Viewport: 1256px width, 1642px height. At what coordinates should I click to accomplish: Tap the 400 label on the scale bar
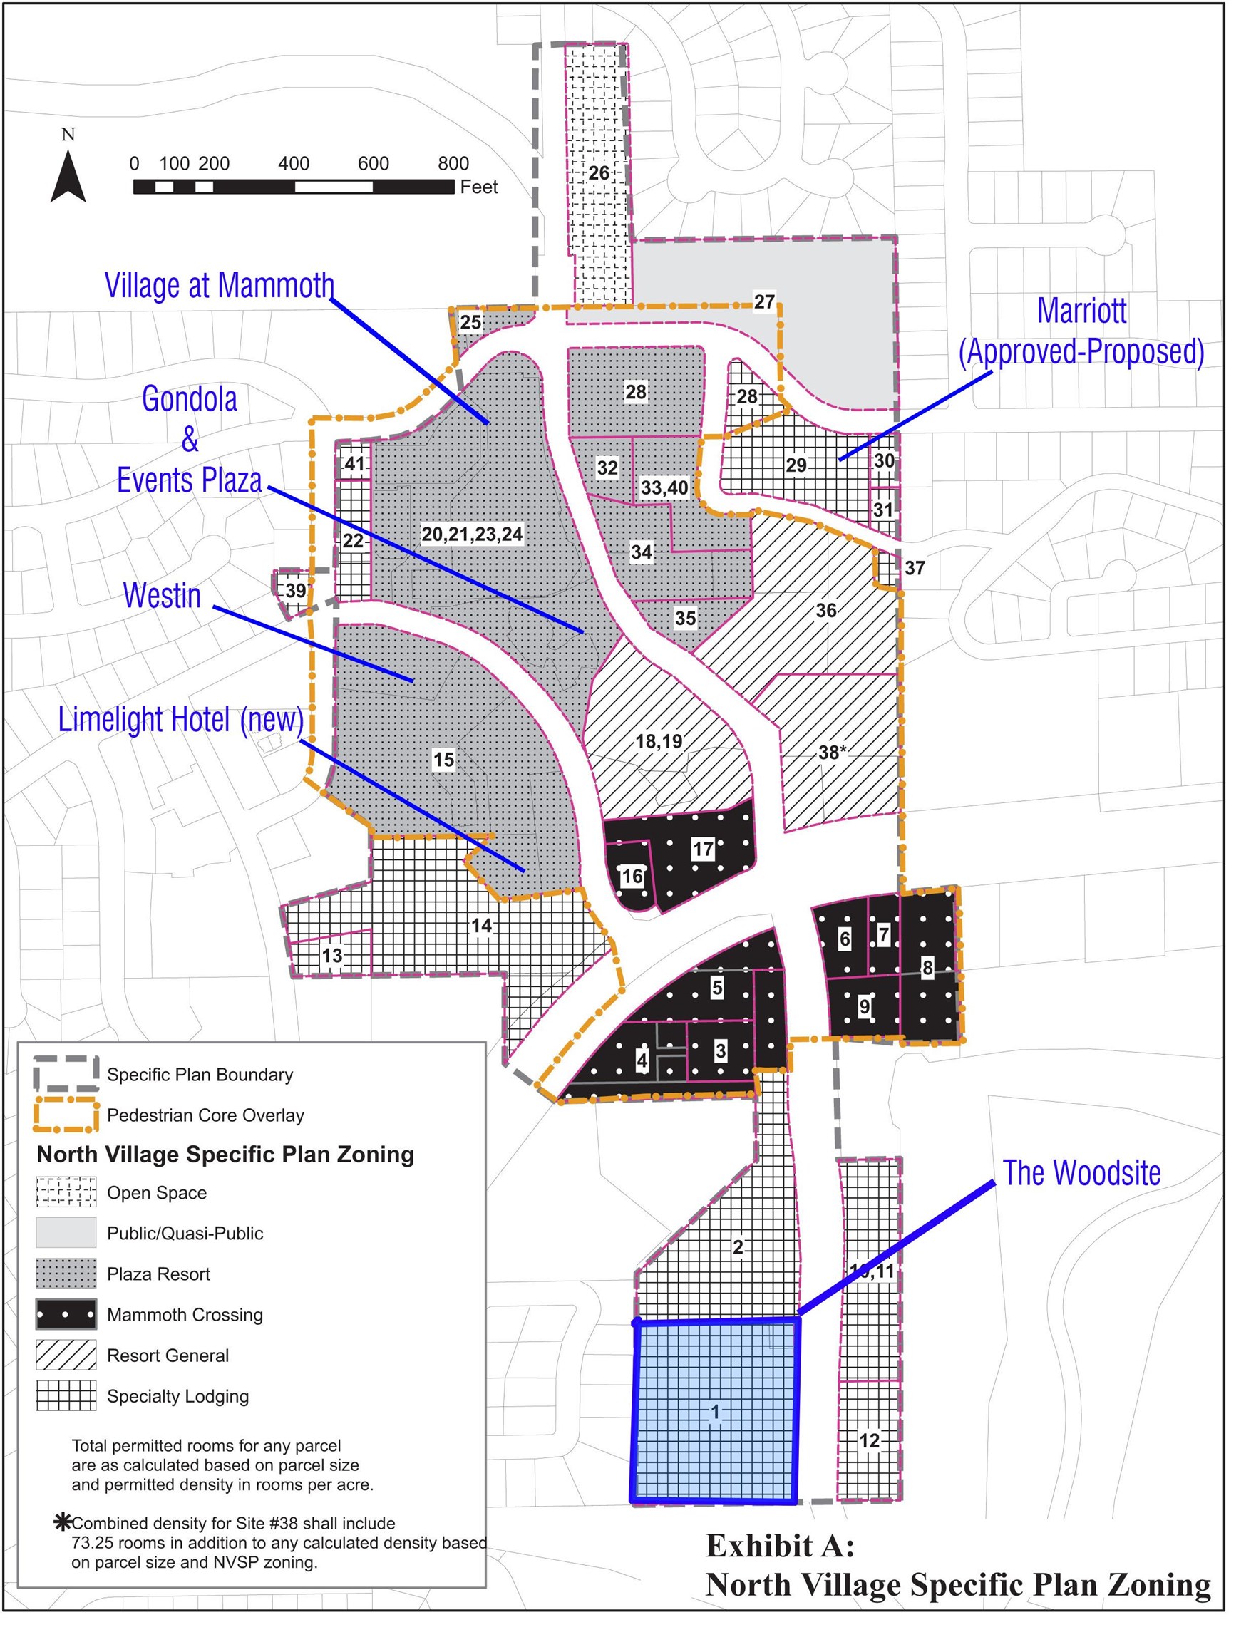coord(293,164)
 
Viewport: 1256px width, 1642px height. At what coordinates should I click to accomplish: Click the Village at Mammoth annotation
coord(219,286)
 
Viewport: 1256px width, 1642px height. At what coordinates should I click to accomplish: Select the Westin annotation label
coord(163,596)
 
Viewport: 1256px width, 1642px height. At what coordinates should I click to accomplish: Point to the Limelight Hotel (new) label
coord(181,720)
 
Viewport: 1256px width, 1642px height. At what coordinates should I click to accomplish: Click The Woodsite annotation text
coord(1081,1172)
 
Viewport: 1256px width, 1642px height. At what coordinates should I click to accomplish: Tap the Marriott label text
coord(1081,311)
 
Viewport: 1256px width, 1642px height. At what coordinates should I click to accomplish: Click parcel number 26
coord(599,173)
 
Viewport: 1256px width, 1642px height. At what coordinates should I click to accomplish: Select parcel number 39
coord(295,590)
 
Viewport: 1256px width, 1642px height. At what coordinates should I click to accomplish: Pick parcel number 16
coord(632,876)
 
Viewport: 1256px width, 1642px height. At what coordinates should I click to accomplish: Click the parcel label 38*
coord(831,752)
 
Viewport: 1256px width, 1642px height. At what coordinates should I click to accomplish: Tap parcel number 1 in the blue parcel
coord(715,1412)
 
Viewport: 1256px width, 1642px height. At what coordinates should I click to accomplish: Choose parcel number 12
coord(869,1440)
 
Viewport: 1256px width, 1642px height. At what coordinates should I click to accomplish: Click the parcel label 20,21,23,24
coord(472,535)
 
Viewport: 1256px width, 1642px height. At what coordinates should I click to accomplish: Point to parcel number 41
coord(354,463)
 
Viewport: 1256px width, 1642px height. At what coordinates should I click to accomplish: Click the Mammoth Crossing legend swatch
coord(66,1315)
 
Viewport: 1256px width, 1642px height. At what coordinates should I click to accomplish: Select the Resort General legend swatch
coord(66,1355)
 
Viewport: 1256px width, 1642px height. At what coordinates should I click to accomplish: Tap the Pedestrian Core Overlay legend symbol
coord(66,1115)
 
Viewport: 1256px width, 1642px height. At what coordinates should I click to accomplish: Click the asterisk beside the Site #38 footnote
coord(63,1522)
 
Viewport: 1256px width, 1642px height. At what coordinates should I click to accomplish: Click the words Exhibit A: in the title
coord(780,1547)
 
